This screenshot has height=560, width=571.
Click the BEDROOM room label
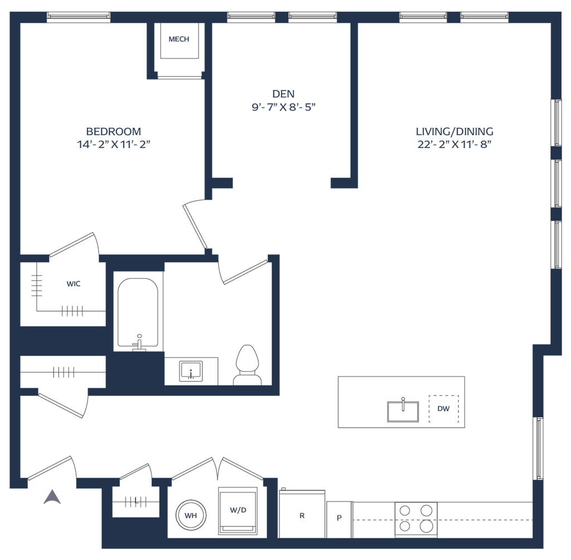(113, 131)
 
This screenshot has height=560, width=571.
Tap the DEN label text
(283, 93)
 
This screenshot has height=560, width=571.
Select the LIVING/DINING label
(454, 132)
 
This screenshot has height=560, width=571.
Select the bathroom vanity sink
(191, 371)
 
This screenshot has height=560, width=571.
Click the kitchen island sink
(403, 410)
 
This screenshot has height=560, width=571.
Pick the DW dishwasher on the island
(444, 409)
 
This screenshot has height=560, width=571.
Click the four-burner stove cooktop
(414, 518)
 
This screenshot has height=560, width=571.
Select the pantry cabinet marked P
(339, 518)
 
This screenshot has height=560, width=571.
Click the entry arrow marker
(52, 496)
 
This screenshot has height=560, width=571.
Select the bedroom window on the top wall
(78, 17)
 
